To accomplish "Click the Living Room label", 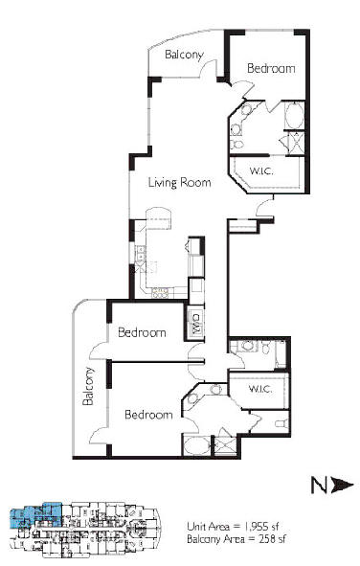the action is click(x=180, y=182).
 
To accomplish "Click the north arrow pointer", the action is click(x=342, y=485).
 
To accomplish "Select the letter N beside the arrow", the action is click(x=319, y=485).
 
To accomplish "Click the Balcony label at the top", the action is click(x=185, y=55).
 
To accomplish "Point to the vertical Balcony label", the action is click(x=88, y=386).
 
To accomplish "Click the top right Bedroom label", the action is click(x=271, y=68).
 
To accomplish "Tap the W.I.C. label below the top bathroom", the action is click(x=261, y=170).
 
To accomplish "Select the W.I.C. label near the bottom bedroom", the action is click(x=260, y=389).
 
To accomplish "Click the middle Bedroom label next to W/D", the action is click(x=142, y=332).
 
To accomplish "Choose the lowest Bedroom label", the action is click(x=148, y=415).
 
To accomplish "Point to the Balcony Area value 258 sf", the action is click(x=272, y=539).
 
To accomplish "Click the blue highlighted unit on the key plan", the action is click(x=35, y=514).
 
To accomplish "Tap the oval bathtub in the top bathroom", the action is click(x=294, y=115).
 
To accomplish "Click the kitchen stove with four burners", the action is click(x=161, y=292).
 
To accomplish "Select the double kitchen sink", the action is click(x=140, y=253).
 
